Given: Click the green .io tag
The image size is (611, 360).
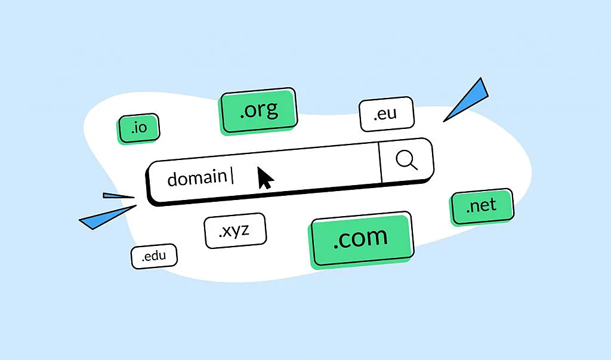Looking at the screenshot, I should (138, 128).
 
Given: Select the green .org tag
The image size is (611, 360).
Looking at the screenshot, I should (258, 110).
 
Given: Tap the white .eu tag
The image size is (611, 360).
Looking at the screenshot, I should (386, 113).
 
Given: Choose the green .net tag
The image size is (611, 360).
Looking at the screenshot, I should (482, 206).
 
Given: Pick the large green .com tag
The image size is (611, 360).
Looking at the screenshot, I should (361, 238).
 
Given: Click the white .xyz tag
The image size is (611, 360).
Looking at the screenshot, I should (234, 230).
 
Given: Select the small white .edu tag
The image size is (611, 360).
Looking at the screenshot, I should (154, 257).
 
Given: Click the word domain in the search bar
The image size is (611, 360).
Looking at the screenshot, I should (196, 177).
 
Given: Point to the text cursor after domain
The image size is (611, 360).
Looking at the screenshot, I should (232, 176).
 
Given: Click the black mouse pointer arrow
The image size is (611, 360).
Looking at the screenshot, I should (264, 178).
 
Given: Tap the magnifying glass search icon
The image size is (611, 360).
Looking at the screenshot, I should (406, 160).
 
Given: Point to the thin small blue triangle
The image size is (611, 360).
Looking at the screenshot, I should (118, 195).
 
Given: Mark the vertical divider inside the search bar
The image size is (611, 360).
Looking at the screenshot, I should (380, 162).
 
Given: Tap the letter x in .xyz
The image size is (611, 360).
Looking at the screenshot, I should (227, 231).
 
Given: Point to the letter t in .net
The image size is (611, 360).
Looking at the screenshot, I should (493, 206).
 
